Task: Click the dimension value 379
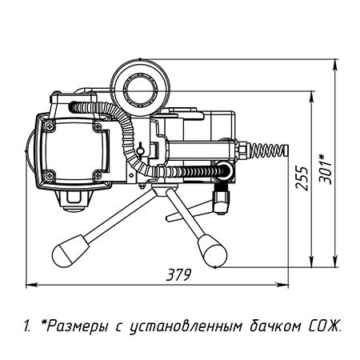coord(178,274)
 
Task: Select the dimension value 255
coord(302,178)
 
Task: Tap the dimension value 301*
coord(326,169)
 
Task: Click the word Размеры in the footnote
coord(78,326)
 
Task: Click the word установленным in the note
coord(186,326)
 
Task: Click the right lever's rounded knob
coord(213,251)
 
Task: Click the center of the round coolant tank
coord(140,88)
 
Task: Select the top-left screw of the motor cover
coord(50,126)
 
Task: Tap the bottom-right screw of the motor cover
coord(98,175)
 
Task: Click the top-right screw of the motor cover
coord(98,126)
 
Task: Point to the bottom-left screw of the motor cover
coord(50,175)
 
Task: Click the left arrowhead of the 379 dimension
coord(30,285)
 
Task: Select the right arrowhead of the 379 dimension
coord(283,285)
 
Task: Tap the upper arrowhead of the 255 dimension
coord(311,97)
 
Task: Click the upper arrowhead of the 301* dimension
coord(335,64)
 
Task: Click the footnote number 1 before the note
coord(27,326)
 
